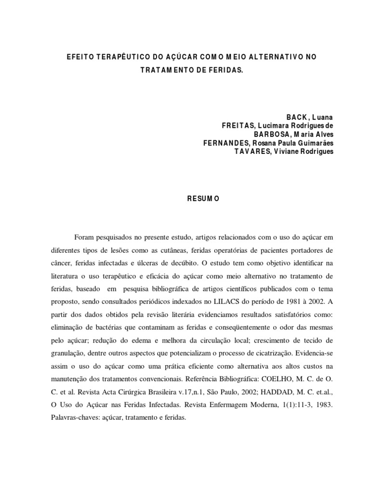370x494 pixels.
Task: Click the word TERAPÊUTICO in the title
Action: [114, 57]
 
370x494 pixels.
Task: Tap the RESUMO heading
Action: [203, 198]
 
